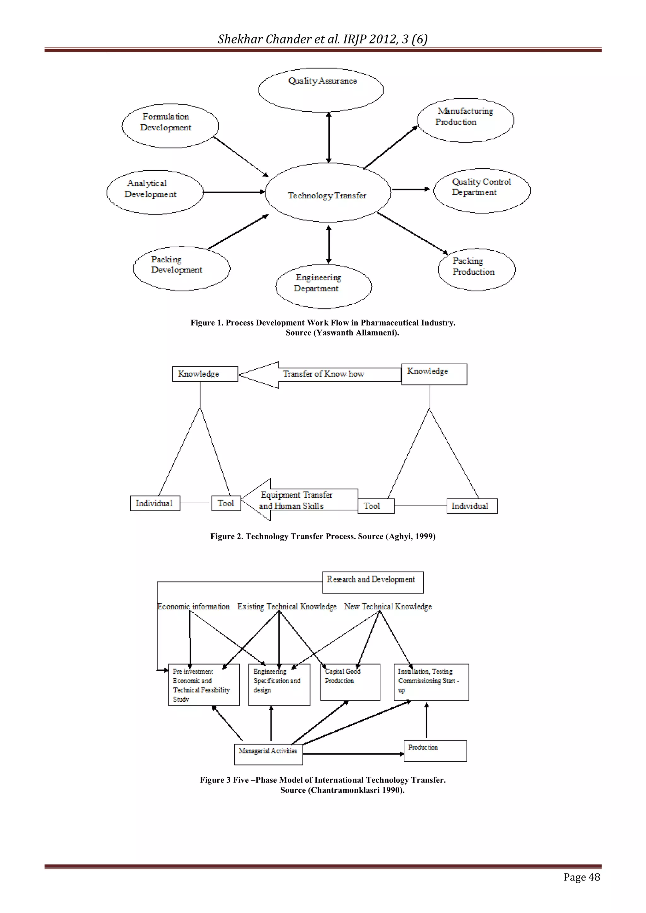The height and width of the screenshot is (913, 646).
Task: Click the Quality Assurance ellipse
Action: (x=320, y=90)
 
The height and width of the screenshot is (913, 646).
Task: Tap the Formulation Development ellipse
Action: (x=170, y=126)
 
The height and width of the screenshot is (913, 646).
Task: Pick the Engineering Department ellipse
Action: (x=323, y=287)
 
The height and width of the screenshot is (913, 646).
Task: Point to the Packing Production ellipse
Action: (x=477, y=270)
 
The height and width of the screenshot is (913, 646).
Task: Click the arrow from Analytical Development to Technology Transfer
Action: (x=234, y=192)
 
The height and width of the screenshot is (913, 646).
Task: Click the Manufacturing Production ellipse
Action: (x=465, y=120)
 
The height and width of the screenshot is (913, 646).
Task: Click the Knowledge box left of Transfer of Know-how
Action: (x=205, y=374)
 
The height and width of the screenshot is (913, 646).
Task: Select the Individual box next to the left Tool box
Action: (x=155, y=503)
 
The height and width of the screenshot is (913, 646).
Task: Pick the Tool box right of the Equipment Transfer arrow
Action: (x=375, y=506)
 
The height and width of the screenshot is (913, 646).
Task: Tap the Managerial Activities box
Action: (x=268, y=754)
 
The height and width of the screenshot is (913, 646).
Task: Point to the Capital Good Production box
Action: (x=350, y=682)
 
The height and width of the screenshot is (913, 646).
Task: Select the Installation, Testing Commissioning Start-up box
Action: (x=431, y=682)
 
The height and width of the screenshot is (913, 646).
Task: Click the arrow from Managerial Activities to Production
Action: (x=353, y=753)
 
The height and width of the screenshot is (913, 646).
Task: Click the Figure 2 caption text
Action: (x=323, y=536)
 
